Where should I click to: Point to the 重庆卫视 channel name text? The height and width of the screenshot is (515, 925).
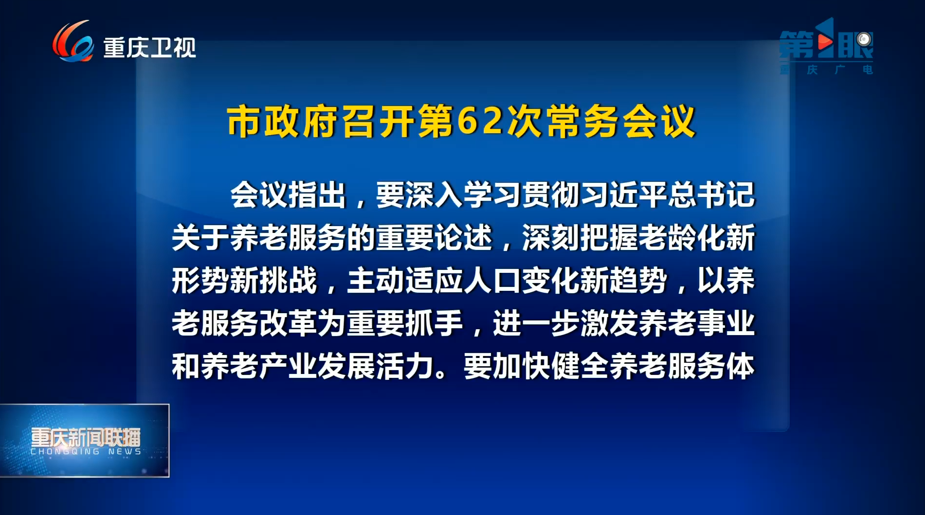point(149,48)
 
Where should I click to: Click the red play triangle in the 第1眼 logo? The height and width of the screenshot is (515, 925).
point(824,43)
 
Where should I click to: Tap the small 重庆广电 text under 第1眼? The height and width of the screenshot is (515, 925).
point(826,70)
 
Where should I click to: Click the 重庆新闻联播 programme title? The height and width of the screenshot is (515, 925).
point(86,437)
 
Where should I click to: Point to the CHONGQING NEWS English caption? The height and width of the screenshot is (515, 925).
point(86,452)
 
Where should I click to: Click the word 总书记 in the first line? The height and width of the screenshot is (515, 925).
point(711,195)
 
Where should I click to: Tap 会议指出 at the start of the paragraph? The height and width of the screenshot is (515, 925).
point(289,195)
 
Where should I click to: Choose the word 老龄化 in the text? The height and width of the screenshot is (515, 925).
point(682,238)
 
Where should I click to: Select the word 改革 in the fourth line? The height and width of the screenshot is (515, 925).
point(289,323)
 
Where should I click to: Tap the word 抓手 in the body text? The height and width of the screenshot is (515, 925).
point(434,323)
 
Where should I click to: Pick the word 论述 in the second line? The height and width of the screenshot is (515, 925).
point(463,238)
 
